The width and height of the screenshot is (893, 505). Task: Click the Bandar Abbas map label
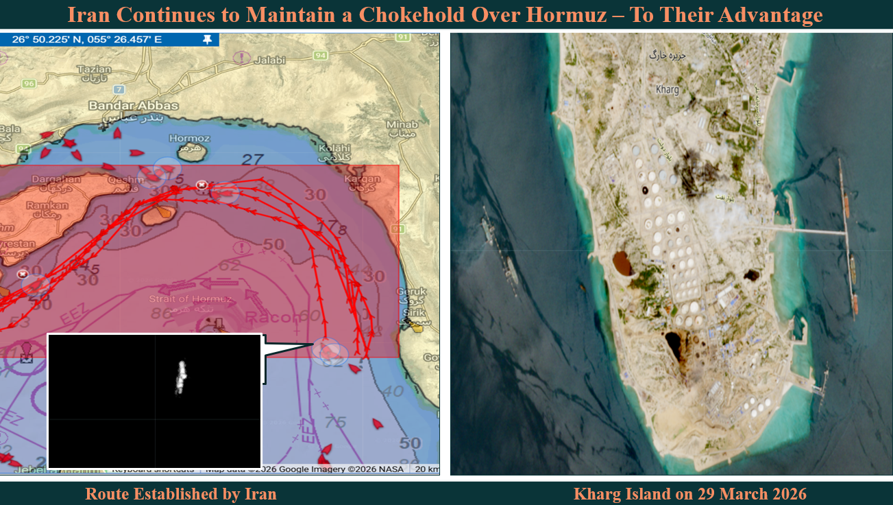click(x=133, y=106)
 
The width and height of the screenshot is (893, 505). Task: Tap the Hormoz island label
click(x=188, y=138)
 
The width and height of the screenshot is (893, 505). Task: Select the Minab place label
click(x=402, y=124)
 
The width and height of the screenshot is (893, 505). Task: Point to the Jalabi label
click(x=269, y=60)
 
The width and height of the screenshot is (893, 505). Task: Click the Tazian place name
click(x=94, y=69)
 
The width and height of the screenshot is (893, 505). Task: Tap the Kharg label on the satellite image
click(x=667, y=90)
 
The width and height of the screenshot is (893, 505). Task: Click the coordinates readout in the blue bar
click(x=87, y=40)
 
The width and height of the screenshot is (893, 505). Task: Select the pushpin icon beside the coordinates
click(x=207, y=40)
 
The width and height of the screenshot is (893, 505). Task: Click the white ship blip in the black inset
click(x=181, y=377)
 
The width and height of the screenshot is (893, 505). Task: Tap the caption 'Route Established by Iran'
click(x=181, y=493)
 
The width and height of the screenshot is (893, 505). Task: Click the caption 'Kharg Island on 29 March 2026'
click(x=689, y=493)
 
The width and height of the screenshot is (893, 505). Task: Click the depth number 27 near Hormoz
click(x=253, y=160)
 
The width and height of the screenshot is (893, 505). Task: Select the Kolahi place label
click(x=334, y=148)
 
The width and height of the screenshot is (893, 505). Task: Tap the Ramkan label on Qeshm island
click(x=48, y=205)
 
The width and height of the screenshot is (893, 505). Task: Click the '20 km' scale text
click(x=427, y=469)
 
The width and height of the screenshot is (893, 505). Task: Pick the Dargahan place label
click(x=56, y=179)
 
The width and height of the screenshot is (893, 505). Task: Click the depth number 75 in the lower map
click(x=335, y=423)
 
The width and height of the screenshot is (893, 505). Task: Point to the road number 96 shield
click(x=28, y=84)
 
